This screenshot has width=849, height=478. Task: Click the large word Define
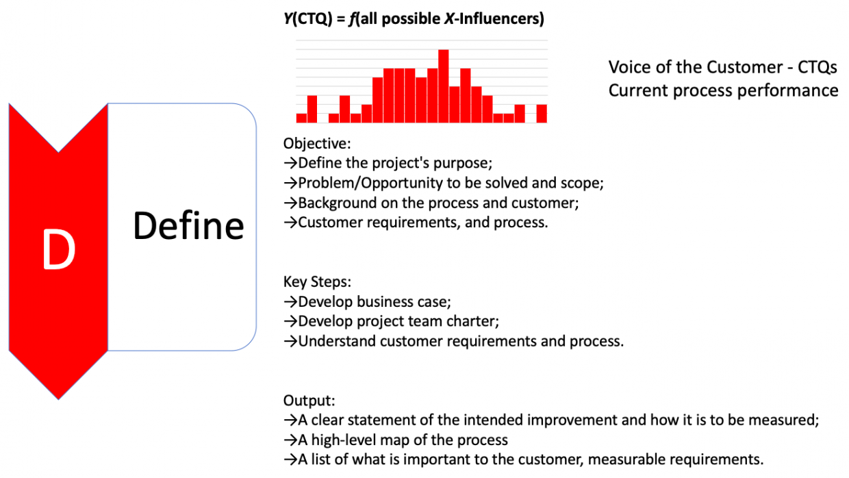click(x=188, y=225)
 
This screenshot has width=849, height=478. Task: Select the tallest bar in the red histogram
click(x=444, y=86)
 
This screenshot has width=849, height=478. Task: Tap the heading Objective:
click(x=317, y=144)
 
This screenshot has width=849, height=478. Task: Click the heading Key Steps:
click(x=316, y=282)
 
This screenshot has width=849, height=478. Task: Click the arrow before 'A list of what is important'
click(x=290, y=460)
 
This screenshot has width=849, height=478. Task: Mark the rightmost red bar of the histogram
click(x=542, y=114)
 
